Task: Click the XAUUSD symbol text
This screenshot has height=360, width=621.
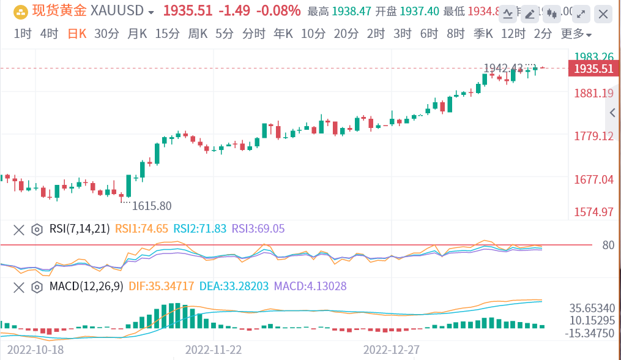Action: (117, 11)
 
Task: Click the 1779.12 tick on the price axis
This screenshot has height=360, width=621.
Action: (593, 136)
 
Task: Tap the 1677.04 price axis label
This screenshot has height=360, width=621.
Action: (593, 179)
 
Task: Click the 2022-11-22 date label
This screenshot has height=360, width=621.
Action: (214, 349)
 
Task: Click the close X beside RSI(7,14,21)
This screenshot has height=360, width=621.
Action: (19, 230)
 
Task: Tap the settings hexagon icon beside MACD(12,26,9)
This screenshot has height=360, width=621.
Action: (37, 286)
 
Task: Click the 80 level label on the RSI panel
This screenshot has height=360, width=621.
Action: (608, 246)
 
